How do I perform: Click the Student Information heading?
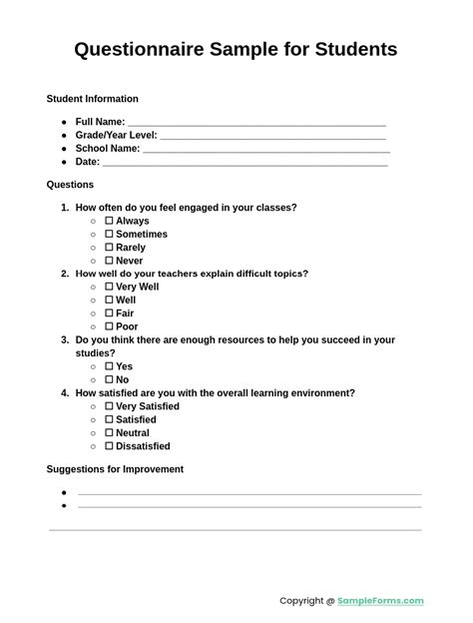(92, 99)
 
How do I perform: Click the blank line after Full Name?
(256, 123)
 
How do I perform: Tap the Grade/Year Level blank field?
(272, 136)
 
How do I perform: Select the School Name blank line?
(264, 149)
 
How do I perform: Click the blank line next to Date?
(244, 162)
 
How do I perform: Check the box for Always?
(110, 221)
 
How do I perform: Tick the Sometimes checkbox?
(110, 234)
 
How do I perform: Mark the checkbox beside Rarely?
(110, 247)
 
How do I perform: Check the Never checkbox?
(110, 261)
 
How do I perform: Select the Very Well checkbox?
(110, 287)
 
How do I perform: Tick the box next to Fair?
(110, 312)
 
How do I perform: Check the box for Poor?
(110, 326)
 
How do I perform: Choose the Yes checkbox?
(110, 366)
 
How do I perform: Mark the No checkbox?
(110, 379)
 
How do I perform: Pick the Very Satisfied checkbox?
(110, 406)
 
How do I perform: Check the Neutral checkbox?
(110, 433)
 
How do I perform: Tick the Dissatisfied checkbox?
(110, 446)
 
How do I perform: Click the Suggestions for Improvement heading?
(115, 469)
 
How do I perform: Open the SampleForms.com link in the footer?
(380, 601)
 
